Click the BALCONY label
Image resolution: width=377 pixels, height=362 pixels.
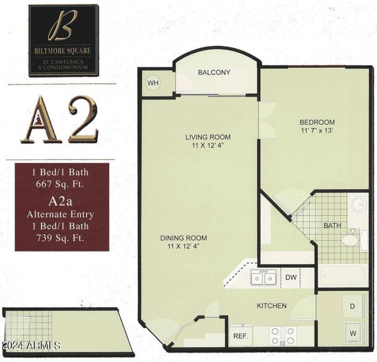214,72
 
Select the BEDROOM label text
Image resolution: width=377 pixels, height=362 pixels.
318,122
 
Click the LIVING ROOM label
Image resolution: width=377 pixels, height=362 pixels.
208,137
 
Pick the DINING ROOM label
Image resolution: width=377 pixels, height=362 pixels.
183,238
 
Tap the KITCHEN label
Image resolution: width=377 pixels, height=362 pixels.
271,306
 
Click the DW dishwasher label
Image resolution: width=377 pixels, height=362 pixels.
291,277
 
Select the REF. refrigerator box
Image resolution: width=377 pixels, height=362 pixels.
241,337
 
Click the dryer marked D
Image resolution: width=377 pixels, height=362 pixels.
352,306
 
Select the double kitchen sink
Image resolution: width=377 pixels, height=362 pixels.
263,278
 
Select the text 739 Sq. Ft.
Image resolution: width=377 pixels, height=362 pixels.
62,238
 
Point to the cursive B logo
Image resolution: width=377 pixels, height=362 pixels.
63,28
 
